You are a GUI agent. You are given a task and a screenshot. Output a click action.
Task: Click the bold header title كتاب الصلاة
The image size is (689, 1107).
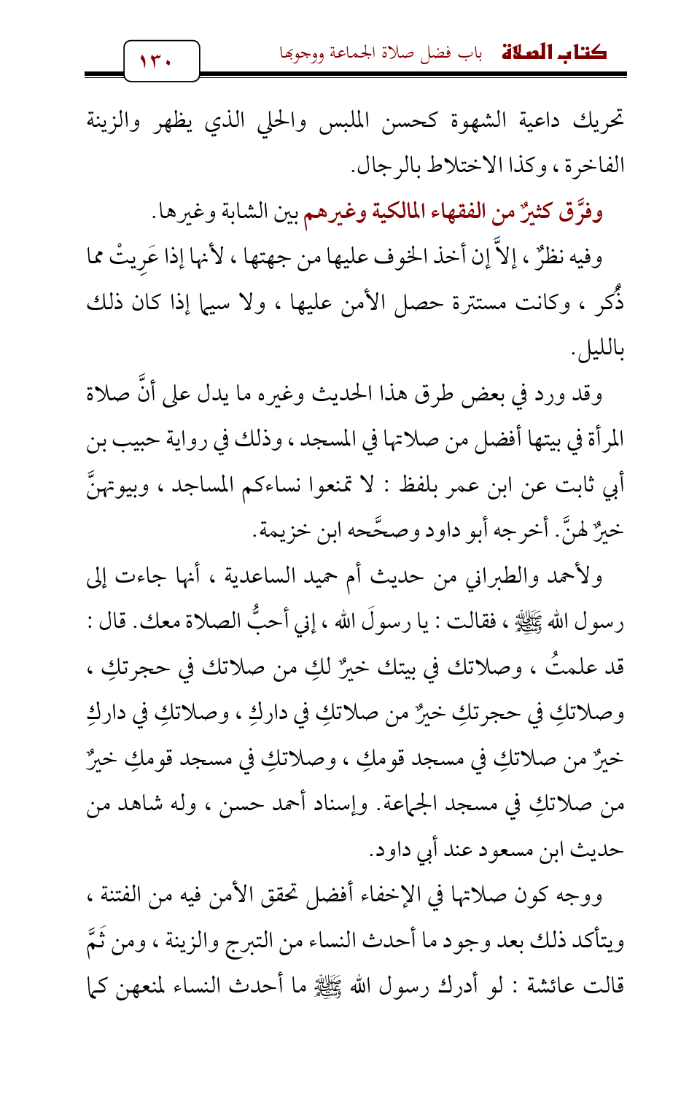(x=555, y=53)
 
